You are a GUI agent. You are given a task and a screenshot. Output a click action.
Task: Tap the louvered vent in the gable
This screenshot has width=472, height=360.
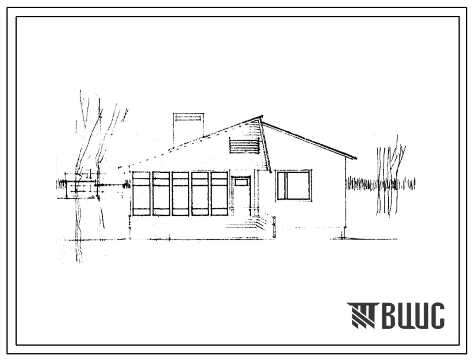point(244,146)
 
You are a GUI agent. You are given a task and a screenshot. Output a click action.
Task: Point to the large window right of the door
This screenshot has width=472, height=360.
point(293,185)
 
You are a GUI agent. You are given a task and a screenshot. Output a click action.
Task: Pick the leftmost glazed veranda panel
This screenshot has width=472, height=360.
point(141,193)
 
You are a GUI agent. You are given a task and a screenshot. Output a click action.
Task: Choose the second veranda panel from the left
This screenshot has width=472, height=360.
point(161,193)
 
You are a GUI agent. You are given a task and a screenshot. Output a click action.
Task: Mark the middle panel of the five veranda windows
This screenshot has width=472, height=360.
point(181,193)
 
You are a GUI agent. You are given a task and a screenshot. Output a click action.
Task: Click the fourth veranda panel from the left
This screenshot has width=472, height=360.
point(200,193)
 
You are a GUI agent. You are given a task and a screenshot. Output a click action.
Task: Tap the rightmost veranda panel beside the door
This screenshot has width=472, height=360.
point(220,193)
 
